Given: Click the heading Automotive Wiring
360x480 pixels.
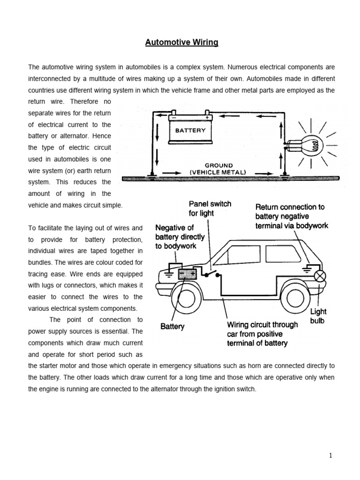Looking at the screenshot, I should click(x=181, y=43).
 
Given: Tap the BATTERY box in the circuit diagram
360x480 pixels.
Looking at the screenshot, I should click(x=190, y=130).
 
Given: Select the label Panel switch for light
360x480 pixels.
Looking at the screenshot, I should click(x=210, y=209).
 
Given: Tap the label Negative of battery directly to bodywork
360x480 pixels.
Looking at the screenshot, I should click(x=175, y=237).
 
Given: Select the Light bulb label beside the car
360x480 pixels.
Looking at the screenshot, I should click(x=318, y=316).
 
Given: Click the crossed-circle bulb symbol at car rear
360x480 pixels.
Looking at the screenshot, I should click(x=321, y=277).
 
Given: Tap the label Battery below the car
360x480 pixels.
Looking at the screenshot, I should click(x=172, y=326).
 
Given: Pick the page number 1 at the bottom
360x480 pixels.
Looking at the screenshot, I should click(x=330, y=456).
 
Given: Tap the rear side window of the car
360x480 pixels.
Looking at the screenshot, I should click(x=283, y=254).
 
